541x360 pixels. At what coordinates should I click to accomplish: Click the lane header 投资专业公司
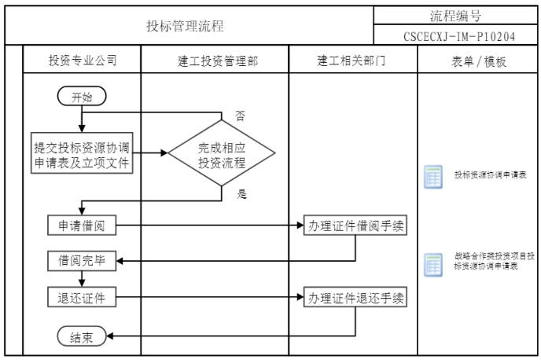tap(82, 61)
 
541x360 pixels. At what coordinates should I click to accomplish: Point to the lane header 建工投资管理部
tap(215, 61)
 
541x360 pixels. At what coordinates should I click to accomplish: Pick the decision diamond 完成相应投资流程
tap(223, 152)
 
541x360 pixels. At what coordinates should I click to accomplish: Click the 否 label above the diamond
tap(240, 116)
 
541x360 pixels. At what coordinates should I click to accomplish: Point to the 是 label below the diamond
tap(241, 193)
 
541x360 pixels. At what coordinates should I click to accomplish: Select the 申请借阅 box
tap(82, 226)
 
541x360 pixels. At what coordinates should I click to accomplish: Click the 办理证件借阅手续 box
tap(358, 226)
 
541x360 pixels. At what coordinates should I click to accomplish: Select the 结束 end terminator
tap(81, 336)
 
